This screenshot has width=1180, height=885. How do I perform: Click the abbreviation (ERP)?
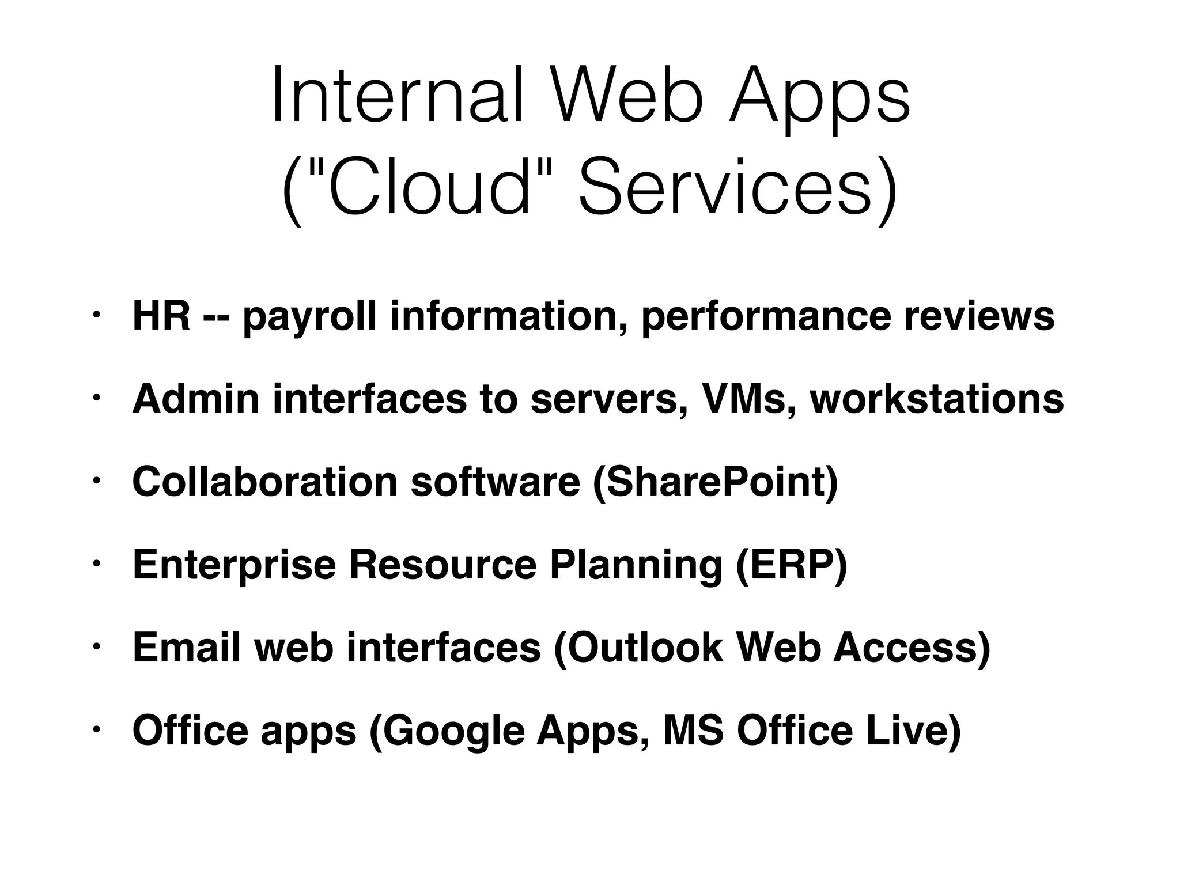(792, 565)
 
